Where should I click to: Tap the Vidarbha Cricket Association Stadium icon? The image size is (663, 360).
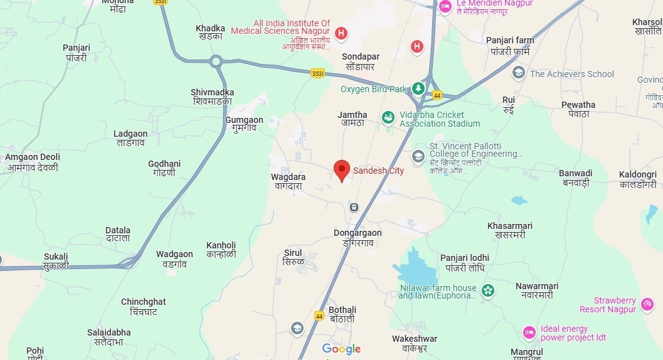[388, 117]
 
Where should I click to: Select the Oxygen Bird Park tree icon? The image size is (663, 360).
[418, 88]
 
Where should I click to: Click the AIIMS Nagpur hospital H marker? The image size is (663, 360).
[341, 33]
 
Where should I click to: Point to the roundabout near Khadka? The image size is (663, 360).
[216, 61]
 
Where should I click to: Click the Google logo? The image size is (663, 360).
[341, 349]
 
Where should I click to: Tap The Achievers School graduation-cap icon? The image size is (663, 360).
[518, 73]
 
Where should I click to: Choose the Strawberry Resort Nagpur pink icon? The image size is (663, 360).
[647, 305]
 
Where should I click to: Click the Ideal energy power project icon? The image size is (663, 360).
[529, 332]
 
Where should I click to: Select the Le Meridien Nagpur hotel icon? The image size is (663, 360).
[445, 7]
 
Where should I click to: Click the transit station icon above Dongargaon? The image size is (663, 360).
[354, 207]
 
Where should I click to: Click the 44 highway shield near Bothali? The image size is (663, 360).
[319, 316]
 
